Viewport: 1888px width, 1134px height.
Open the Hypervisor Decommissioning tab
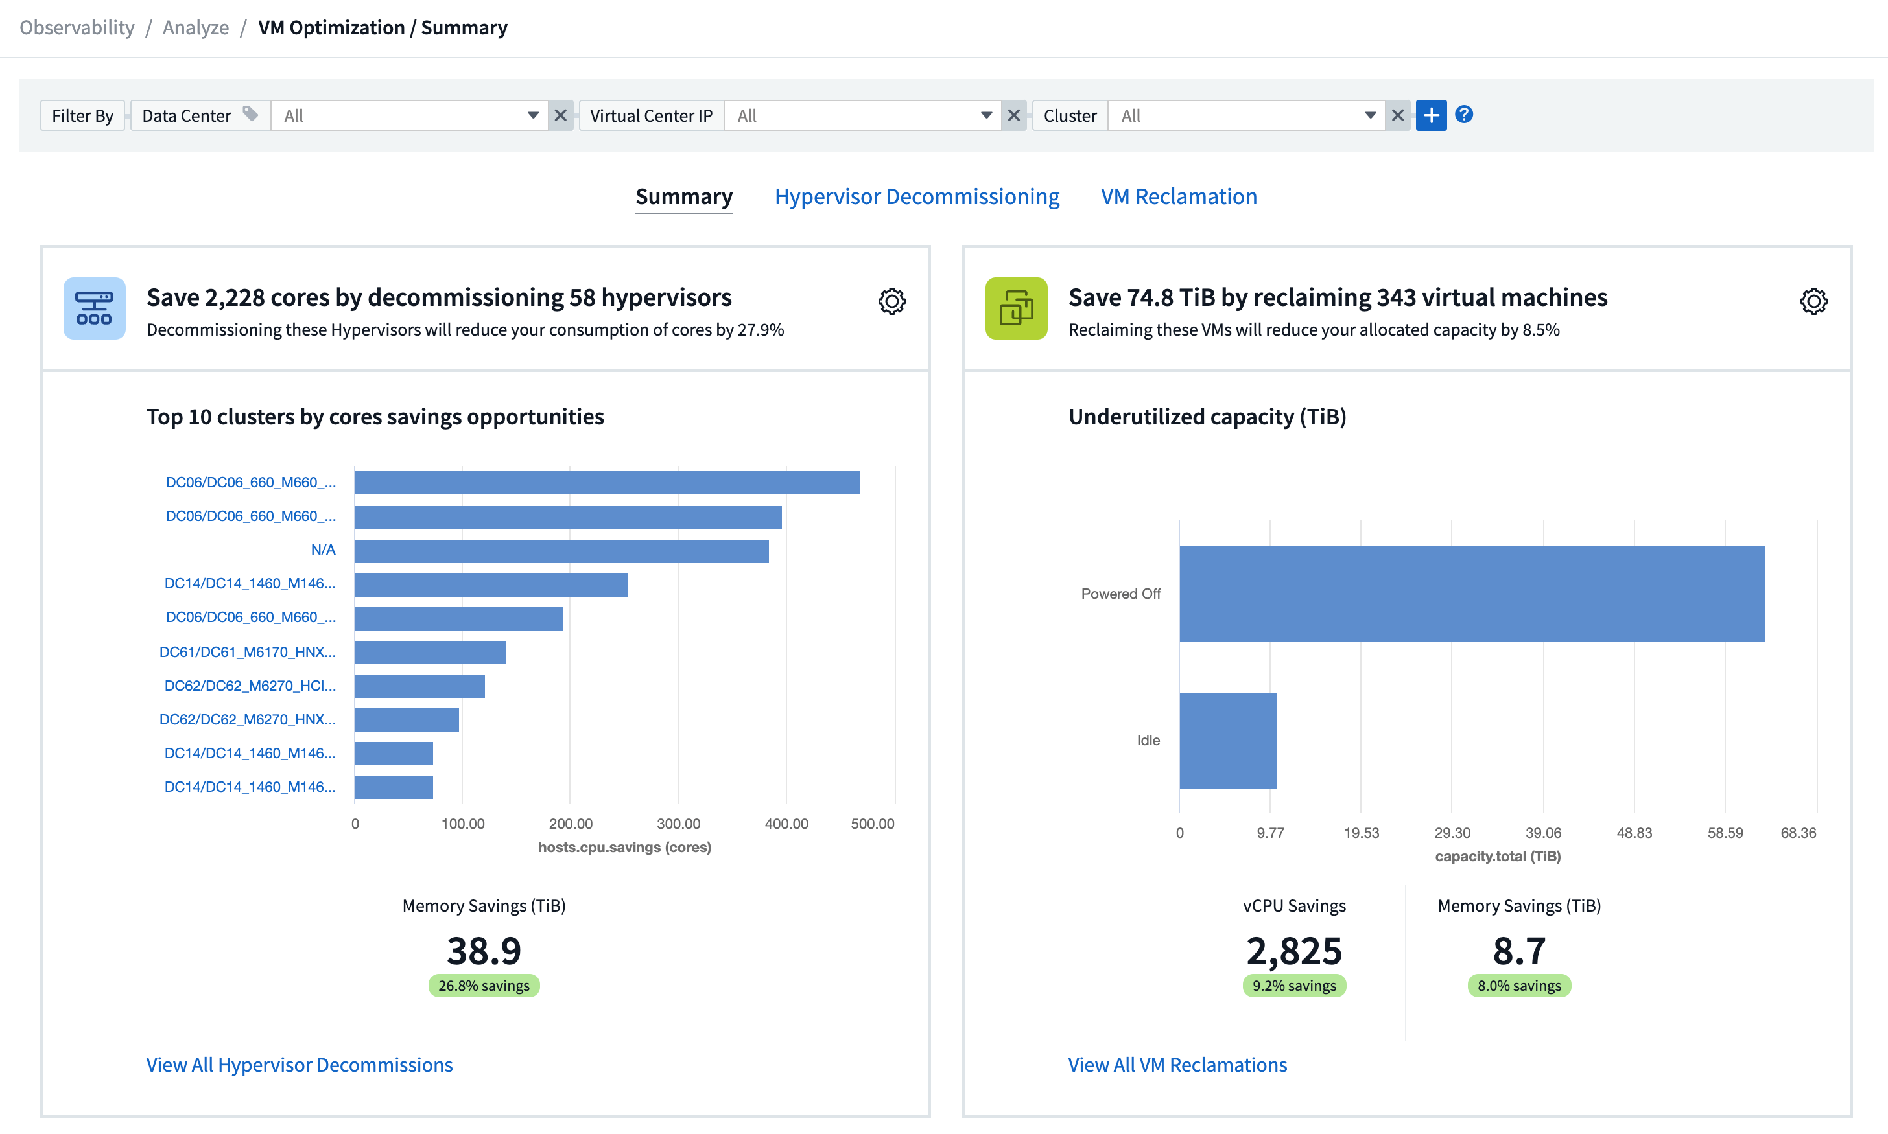click(917, 196)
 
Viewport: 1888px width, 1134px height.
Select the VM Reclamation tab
click(1178, 196)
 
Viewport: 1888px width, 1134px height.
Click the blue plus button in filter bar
click(1430, 115)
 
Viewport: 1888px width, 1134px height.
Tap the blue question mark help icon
click(1463, 115)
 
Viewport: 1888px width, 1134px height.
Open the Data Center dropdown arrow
click(533, 115)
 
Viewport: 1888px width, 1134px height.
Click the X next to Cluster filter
click(1397, 115)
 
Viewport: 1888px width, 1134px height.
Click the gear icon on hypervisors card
click(891, 301)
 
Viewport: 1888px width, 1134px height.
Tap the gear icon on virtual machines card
click(1813, 301)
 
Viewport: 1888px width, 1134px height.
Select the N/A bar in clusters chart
click(562, 551)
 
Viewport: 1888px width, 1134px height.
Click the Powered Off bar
click(1471, 594)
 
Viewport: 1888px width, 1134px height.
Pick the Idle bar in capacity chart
click(1227, 740)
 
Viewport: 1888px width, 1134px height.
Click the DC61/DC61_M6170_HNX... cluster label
click(247, 652)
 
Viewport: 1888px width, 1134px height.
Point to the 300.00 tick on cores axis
click(678, 824)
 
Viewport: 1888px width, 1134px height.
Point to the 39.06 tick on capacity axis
click(1542, 833)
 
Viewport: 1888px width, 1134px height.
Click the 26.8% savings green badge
click(484, 986)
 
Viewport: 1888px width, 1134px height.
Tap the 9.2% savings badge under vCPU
click(1293, 986)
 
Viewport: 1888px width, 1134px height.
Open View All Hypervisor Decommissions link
click(299, 1065)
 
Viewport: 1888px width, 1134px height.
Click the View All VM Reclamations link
click(1177, 1065)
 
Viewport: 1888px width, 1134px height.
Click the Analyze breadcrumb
click(196, 27)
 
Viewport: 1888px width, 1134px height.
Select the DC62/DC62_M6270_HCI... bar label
click(250, 686)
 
